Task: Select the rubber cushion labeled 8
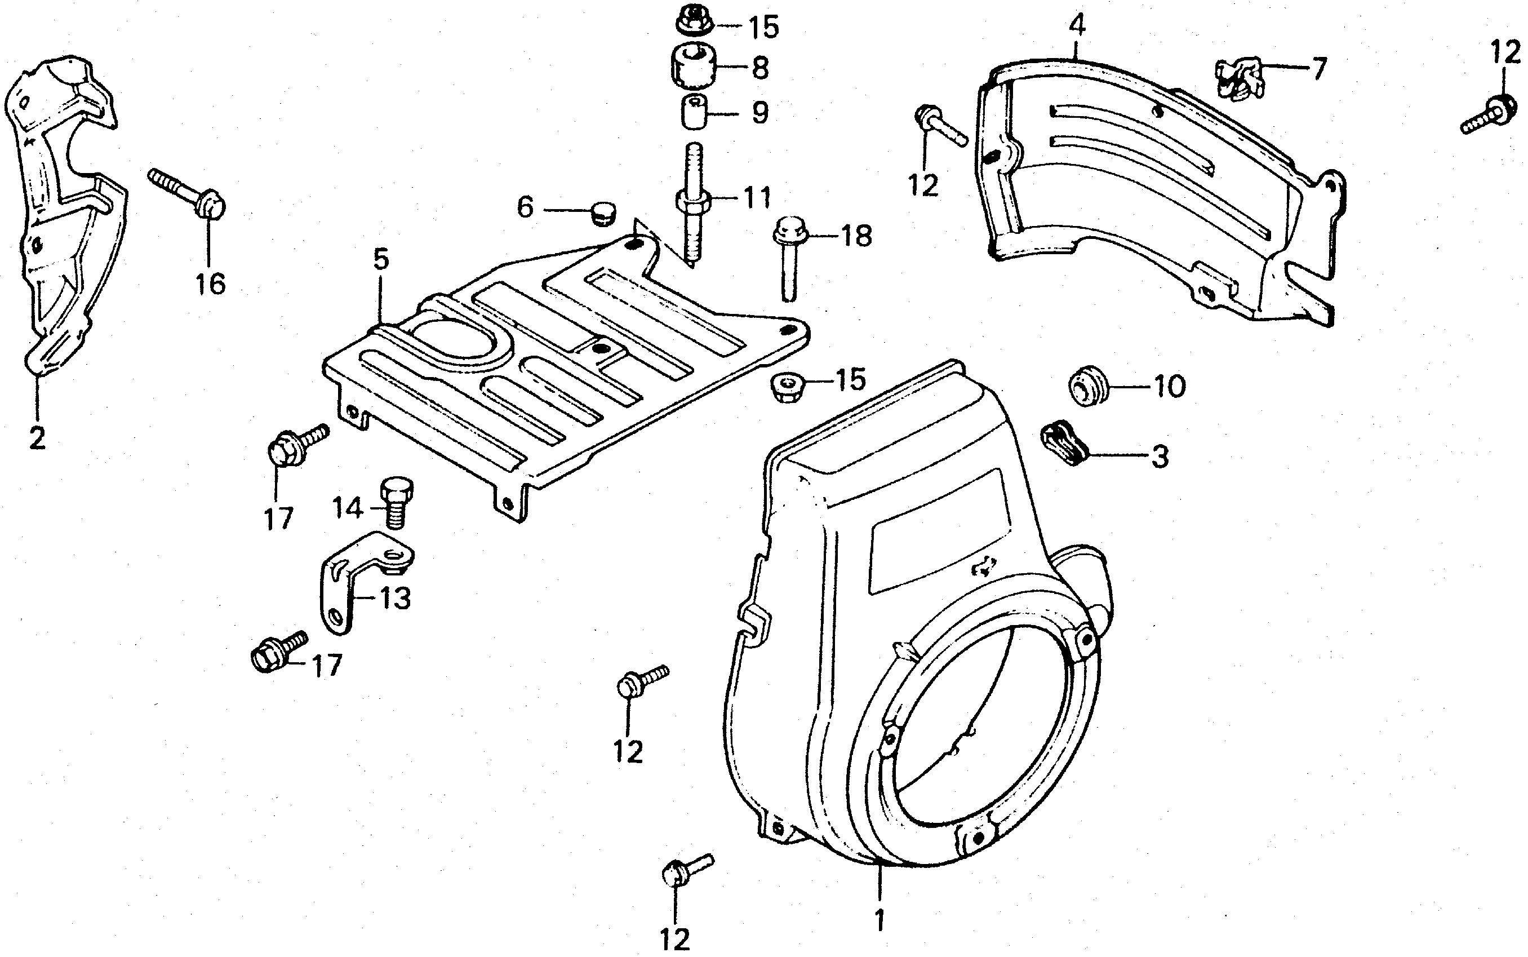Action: coord(694,67)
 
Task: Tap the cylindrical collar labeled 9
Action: coord(694,113)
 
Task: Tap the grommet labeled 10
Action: coord(1087,385)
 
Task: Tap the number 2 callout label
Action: coord(37,437)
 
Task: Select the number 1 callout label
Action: coord(880,920)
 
